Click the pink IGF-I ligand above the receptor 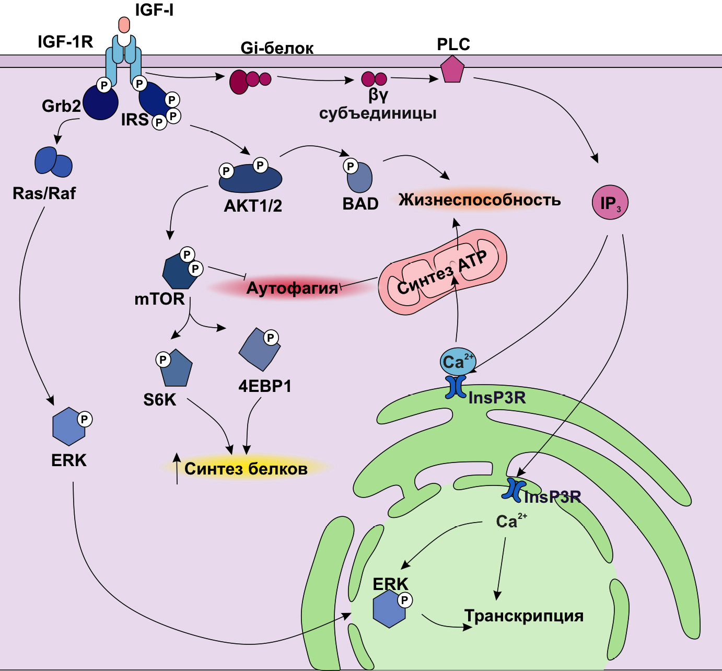point(124,25)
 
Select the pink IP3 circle point(610,203)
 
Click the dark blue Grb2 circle point(100,103)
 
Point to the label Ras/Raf point(44,193)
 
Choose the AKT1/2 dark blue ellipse point(250,179)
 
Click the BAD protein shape point(360,178)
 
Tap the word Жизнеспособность point(479,200)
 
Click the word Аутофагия point(292,288)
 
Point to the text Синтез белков point(246,468)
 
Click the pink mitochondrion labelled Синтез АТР point(442,272)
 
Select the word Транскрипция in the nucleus point(523,616)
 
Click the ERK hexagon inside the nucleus point(390,609)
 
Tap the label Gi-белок point(277,48)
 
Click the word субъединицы point(378,113)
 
